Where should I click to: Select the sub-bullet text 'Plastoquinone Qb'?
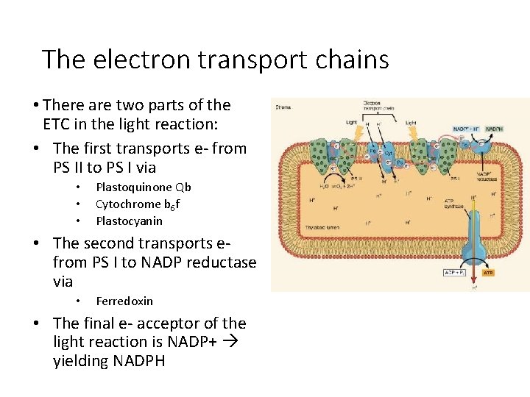[144, 187]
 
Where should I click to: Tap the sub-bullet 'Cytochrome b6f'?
[137, 204]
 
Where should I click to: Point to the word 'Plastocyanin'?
[130, 221]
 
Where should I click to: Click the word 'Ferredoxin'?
[124, 301]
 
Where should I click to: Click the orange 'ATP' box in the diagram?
[488, 272]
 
